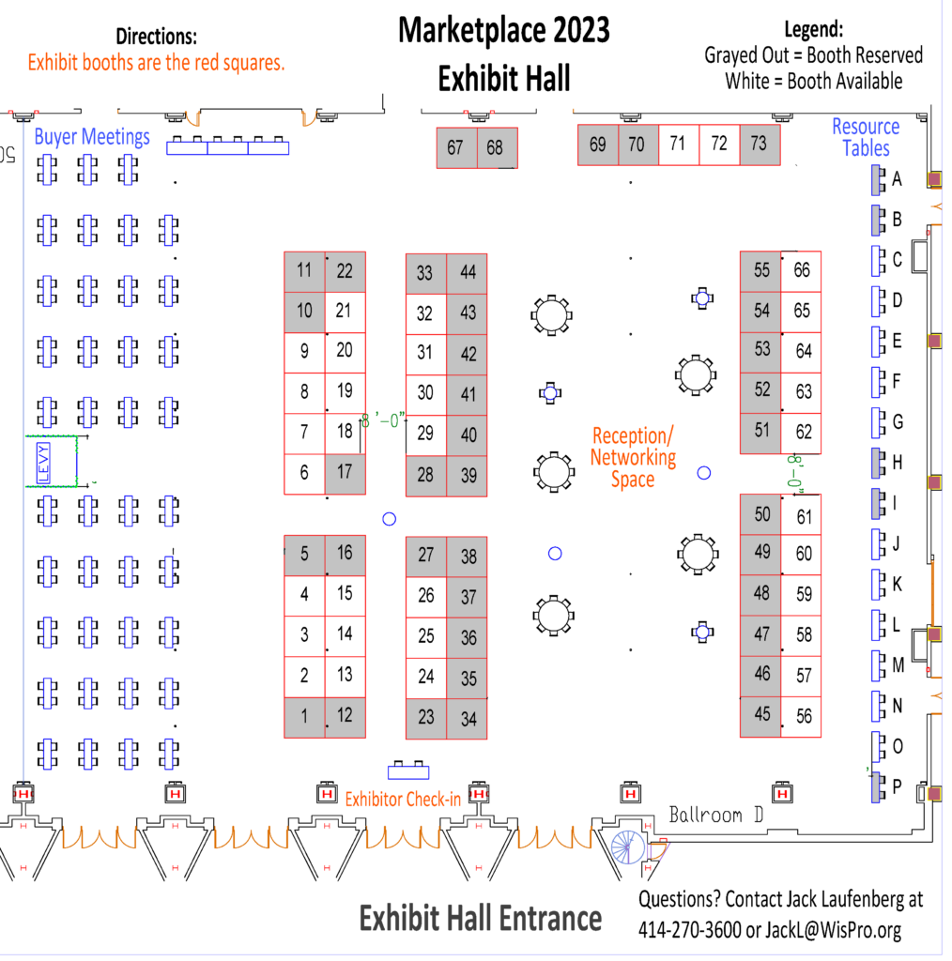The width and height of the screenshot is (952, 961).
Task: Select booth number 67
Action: point(456,147)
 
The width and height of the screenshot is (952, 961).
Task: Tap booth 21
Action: point(345,312)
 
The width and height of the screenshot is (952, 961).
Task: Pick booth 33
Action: point(426,274)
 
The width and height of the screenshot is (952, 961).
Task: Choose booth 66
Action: point(801,271)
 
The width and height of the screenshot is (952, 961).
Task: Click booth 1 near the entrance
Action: point(305,717)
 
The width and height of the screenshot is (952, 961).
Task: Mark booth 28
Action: point(426,476)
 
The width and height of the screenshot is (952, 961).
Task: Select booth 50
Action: point(760,514)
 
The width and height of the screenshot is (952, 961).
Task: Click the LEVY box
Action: point(43,463)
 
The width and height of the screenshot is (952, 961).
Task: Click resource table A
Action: point(879,180)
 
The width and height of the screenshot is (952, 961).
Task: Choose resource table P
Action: point(879,787)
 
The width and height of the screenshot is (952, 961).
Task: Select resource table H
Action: point(879,463)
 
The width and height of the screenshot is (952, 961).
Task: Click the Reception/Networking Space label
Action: point(633,457)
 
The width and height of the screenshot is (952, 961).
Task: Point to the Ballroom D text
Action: point(716,816)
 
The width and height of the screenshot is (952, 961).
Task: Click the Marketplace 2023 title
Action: point(504,31)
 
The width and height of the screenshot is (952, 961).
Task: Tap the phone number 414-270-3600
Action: point(690,930)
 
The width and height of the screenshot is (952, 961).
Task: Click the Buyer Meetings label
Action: point(92,137)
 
